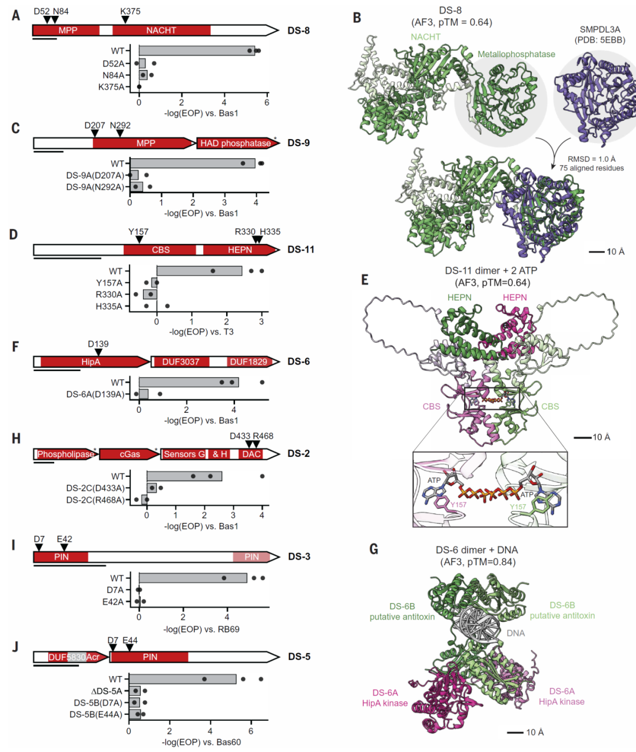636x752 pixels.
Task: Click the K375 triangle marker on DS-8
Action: (x=125, y=20)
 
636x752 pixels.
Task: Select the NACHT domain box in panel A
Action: (x=161, y=30)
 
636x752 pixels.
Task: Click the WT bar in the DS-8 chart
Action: (x=197, y=51)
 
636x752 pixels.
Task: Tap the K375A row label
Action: (x=111, y=87)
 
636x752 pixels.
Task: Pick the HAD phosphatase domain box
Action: (x=236, y=143)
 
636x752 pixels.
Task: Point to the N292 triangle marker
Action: (x=120, y=134)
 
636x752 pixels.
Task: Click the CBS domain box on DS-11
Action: (x=160, y=250)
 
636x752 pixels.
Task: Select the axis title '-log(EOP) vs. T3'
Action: (x=201, y=332)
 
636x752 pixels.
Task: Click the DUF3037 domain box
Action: (x=181, y=362)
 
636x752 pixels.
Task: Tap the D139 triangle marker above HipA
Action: (x=98, y=352)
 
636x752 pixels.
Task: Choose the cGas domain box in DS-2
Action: (x=130, y=454)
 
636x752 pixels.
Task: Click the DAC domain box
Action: (x=251, y=454)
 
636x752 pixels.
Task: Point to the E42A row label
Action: (x=112, y=602)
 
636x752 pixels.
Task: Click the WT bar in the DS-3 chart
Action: (x=193, y=578)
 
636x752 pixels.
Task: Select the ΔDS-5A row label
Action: (x=107, y=691)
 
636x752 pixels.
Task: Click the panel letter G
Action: (x=374, y=549)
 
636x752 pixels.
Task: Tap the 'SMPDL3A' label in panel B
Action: (x=599, y=29)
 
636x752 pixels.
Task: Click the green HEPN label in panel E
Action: (x=459, y=297)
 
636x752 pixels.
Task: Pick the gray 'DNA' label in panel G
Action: (x=515, y=633)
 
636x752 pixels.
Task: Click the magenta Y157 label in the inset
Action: (x=458, y=505)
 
